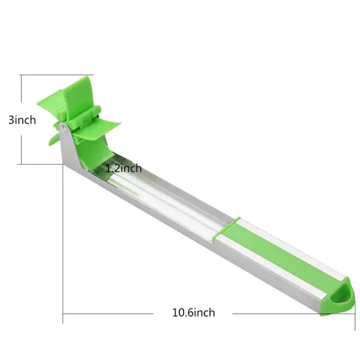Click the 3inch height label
click(x=21, y=120)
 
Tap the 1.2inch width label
click(x=124, y=168)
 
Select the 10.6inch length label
click(x=193, y=313)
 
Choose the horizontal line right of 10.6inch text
click(x=268, y=313)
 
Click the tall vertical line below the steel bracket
click(x=63, y=249)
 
